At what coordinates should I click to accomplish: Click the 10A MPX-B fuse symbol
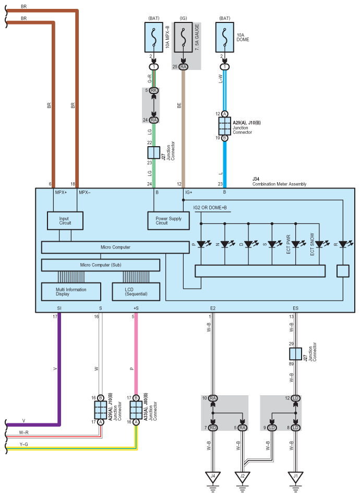tap(154, 37)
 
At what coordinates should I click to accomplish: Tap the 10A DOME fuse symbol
tap(225, 37)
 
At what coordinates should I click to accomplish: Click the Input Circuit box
tap(65, 221)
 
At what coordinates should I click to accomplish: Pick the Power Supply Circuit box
tap(169, 221)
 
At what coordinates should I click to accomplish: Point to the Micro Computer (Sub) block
tap(101, 265)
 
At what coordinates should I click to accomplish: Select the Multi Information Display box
tap(71, 292)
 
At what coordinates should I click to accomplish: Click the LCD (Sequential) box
tap(136, 292)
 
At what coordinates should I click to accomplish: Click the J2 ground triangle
tap(243, 477)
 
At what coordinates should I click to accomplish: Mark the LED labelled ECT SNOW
tap(320, 244)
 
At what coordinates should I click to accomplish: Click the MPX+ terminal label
tap(61, 193)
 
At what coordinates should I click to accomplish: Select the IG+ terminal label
tap(189, 193)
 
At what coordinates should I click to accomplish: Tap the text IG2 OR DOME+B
tap(210, 208)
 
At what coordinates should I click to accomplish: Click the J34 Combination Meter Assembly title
tap(279, 182)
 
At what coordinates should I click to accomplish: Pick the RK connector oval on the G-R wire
tap(154, 90)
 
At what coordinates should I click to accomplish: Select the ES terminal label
tap(295, 309)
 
